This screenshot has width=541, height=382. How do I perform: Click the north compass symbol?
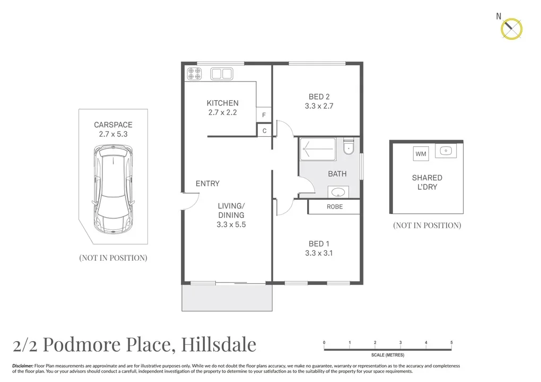(511, 28)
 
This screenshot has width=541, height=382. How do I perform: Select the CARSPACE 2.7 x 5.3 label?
(113, 129)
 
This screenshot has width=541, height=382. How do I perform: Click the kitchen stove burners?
(194, 74)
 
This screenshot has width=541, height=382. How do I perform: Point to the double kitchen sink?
(222, 74)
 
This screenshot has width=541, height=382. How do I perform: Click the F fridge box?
(264, 115)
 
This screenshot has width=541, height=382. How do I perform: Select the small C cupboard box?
(264, 130)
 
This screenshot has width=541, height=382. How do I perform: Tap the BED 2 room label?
(319, 101)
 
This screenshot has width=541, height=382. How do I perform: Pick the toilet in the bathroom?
(348, 147)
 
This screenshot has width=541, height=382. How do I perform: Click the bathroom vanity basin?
(337, 191)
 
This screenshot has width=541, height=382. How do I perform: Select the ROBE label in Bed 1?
(334, 207)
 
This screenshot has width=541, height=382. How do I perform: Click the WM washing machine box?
(421, 154)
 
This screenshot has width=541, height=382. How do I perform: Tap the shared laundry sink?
(445, 152)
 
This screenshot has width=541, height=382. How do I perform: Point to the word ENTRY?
(207, 183)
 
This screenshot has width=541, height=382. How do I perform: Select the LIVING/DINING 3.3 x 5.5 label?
(231, 215)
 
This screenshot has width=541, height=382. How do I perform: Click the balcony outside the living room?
(227, 298)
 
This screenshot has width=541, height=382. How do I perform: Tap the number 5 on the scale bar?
(451, 343)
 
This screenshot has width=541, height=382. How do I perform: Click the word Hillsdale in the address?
(219, 344)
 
